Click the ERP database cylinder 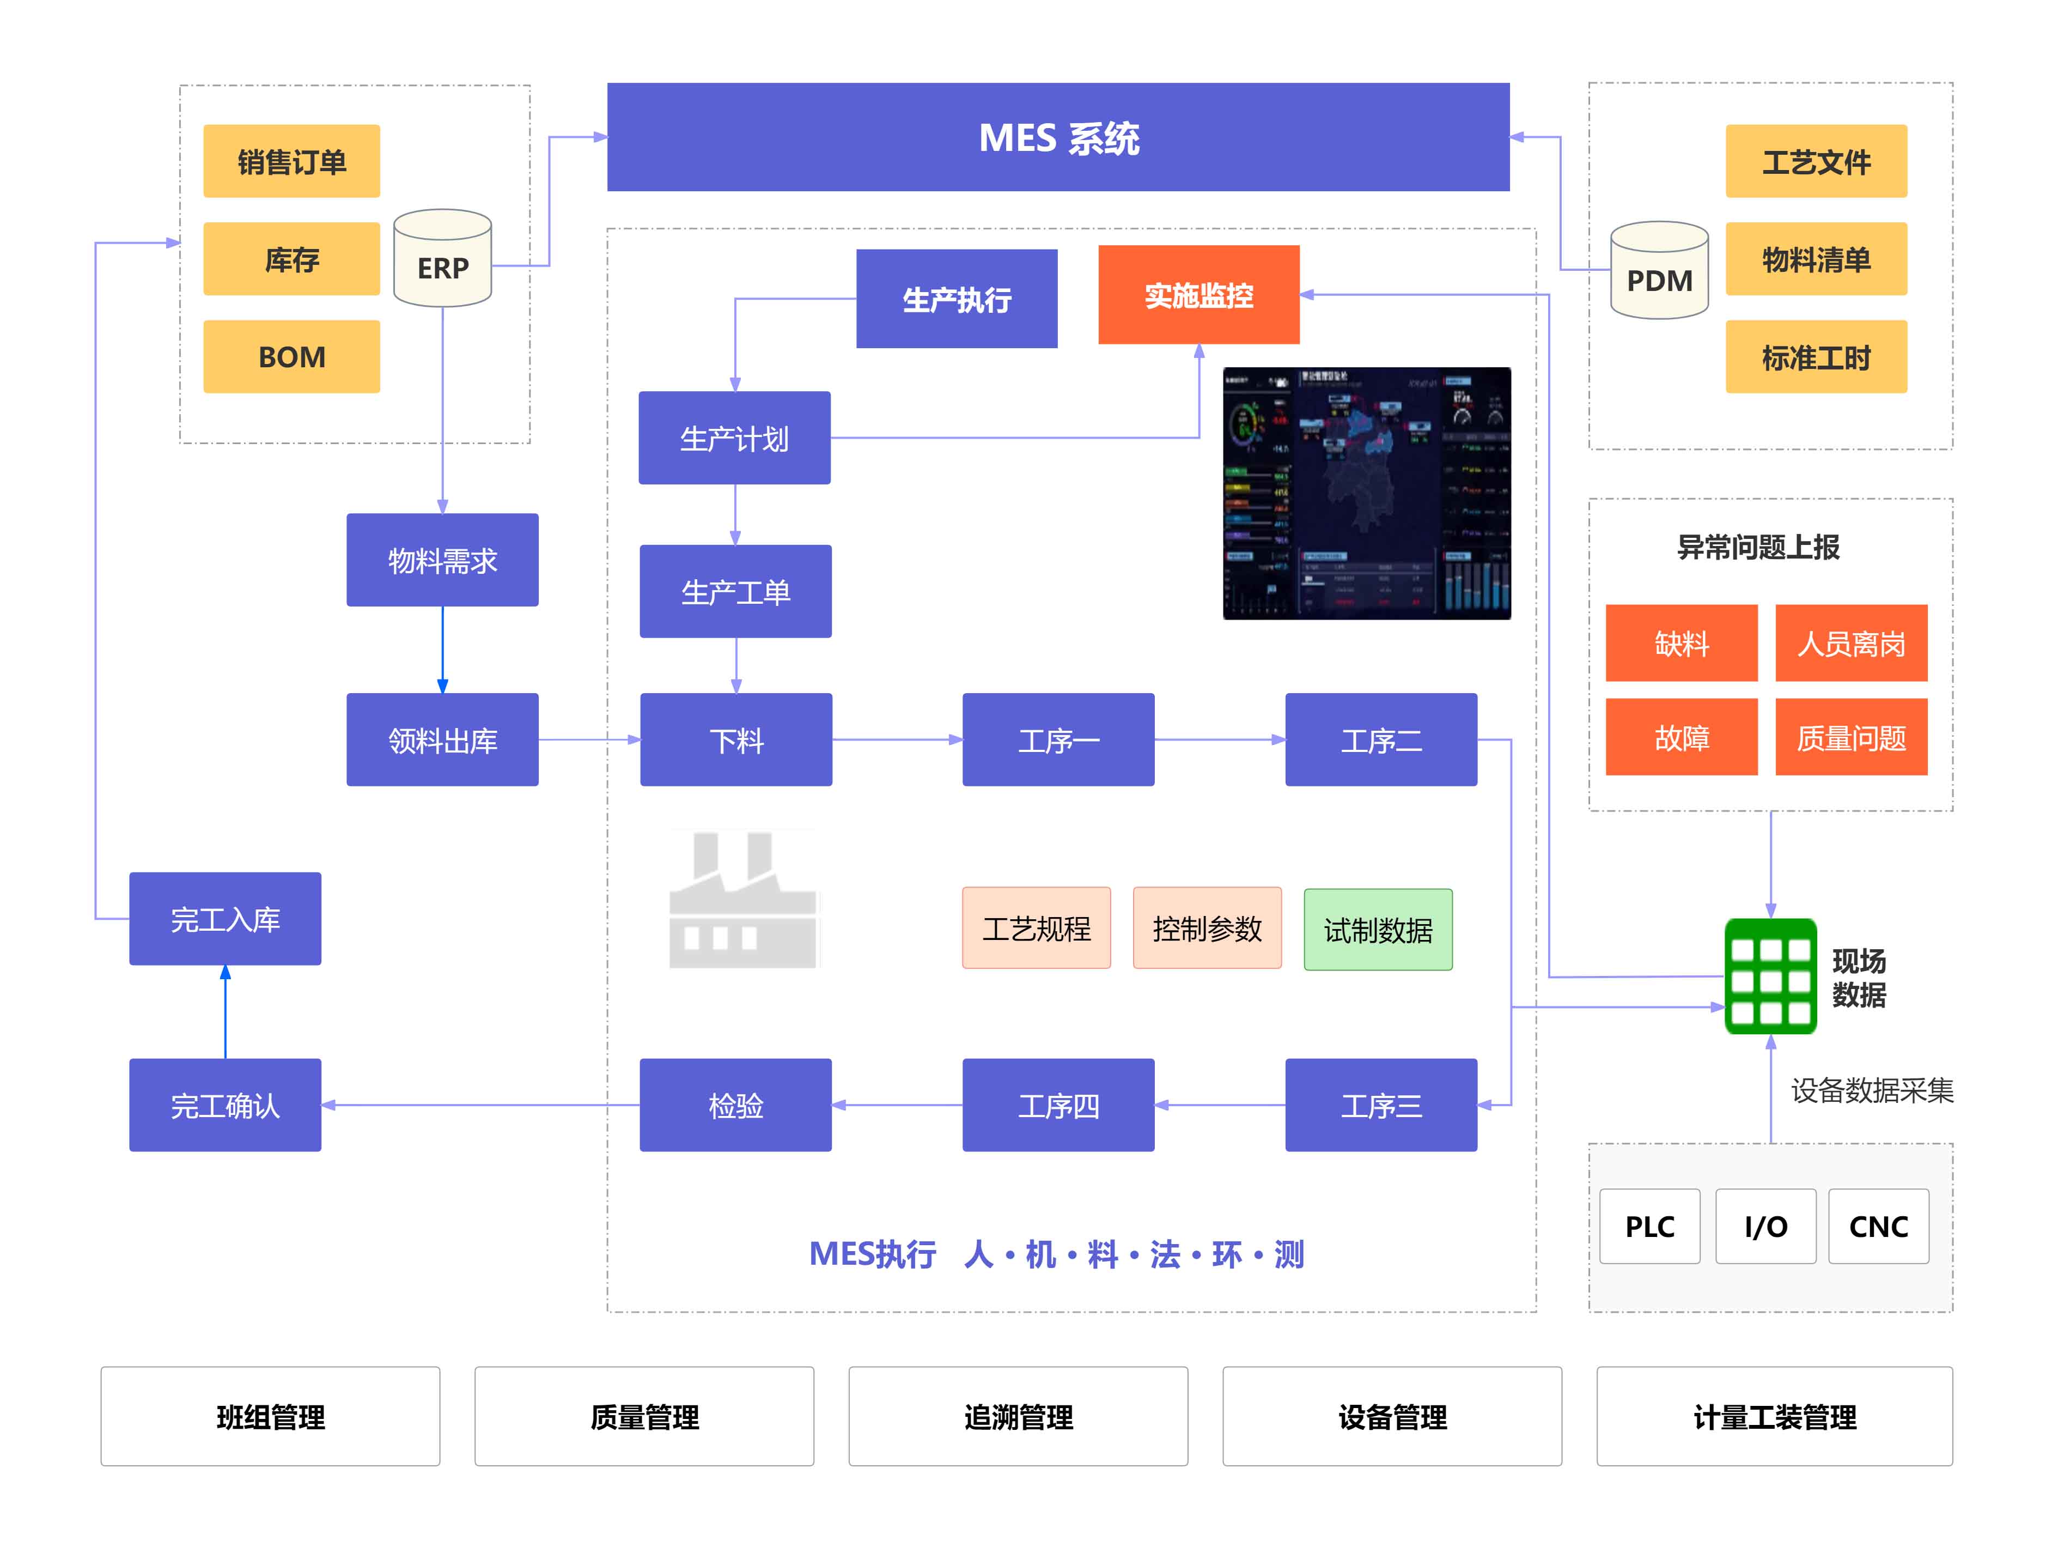442,259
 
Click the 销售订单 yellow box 291,161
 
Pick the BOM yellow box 291,357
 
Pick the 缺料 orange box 1681,643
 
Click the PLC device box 1649,1226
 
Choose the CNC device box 1878,1226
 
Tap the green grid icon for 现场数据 1769,976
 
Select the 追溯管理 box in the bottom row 1018,1416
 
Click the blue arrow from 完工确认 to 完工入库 226,1012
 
